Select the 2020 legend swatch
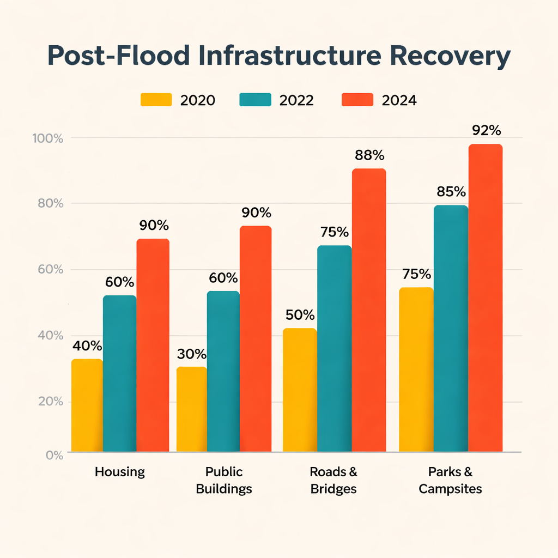pyautogui.click(x=156, y=100)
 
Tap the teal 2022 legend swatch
pyautogui.click(x=255, y=100)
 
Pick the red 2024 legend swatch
pyautogui.click(x=357, y=100)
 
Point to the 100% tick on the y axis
pyautogui.click(x=48, y=138)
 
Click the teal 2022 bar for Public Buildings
pyautogui.click(x=223, y=371)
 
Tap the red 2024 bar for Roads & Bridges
pyautogui.click(x=369, y=310)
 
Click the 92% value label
pyautogui.click(x=486, y=131)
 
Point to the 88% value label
pyautogui.click(x=369, y=155)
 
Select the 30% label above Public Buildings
pyautogui.click(x=192, y=354)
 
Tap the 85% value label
pyautogui.click(x=451, y=192)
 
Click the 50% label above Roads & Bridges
pyautogui.click(x=300, y=315)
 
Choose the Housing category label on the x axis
pyautogui.click(x=120, y=472)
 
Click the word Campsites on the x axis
pyautogui.click(x=450, y=489)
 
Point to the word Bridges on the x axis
pyautogui.click(x=333, y=489)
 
